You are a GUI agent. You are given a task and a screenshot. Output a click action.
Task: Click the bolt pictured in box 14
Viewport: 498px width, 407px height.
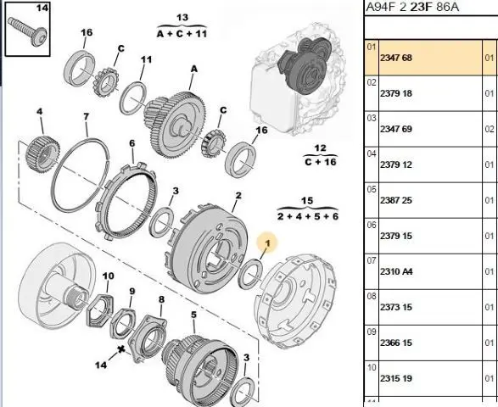click(x=28, y=31)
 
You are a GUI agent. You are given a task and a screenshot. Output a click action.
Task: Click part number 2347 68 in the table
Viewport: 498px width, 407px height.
click(x=395, y=58)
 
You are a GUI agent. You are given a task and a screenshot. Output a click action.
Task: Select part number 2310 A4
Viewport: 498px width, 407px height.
click(x=396, y=271)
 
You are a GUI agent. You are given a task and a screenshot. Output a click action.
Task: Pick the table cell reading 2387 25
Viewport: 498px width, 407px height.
click(x=395, y=200)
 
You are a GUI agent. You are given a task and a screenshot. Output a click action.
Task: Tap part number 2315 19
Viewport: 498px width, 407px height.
click(x=395, y=378)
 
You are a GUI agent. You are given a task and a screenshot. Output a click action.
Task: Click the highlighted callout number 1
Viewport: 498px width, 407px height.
click(x=267, y=243)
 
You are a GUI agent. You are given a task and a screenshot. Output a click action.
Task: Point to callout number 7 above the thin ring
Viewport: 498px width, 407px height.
click(x=86, y=116)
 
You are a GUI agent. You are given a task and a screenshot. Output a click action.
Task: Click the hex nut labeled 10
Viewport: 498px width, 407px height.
click(x=99, y=310)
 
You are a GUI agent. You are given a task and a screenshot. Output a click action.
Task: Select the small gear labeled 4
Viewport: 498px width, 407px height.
click(x=41, y=154)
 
